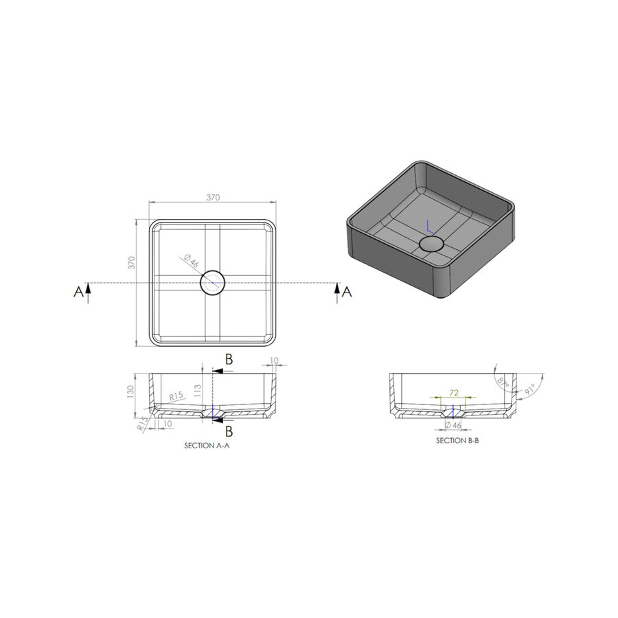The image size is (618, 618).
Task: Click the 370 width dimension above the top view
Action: [213, 197]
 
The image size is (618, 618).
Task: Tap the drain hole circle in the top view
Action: [211, 283]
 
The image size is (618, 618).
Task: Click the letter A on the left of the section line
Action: [78, 292]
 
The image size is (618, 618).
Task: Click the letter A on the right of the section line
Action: [347, 292]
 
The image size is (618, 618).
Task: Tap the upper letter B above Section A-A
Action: [229, 358]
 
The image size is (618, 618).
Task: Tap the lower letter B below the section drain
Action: [229, 431]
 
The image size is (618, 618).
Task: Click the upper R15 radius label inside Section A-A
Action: [176, 397]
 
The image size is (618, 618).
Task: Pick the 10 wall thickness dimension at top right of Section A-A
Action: [273, 360]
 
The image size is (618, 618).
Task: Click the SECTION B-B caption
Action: [457, 441]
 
